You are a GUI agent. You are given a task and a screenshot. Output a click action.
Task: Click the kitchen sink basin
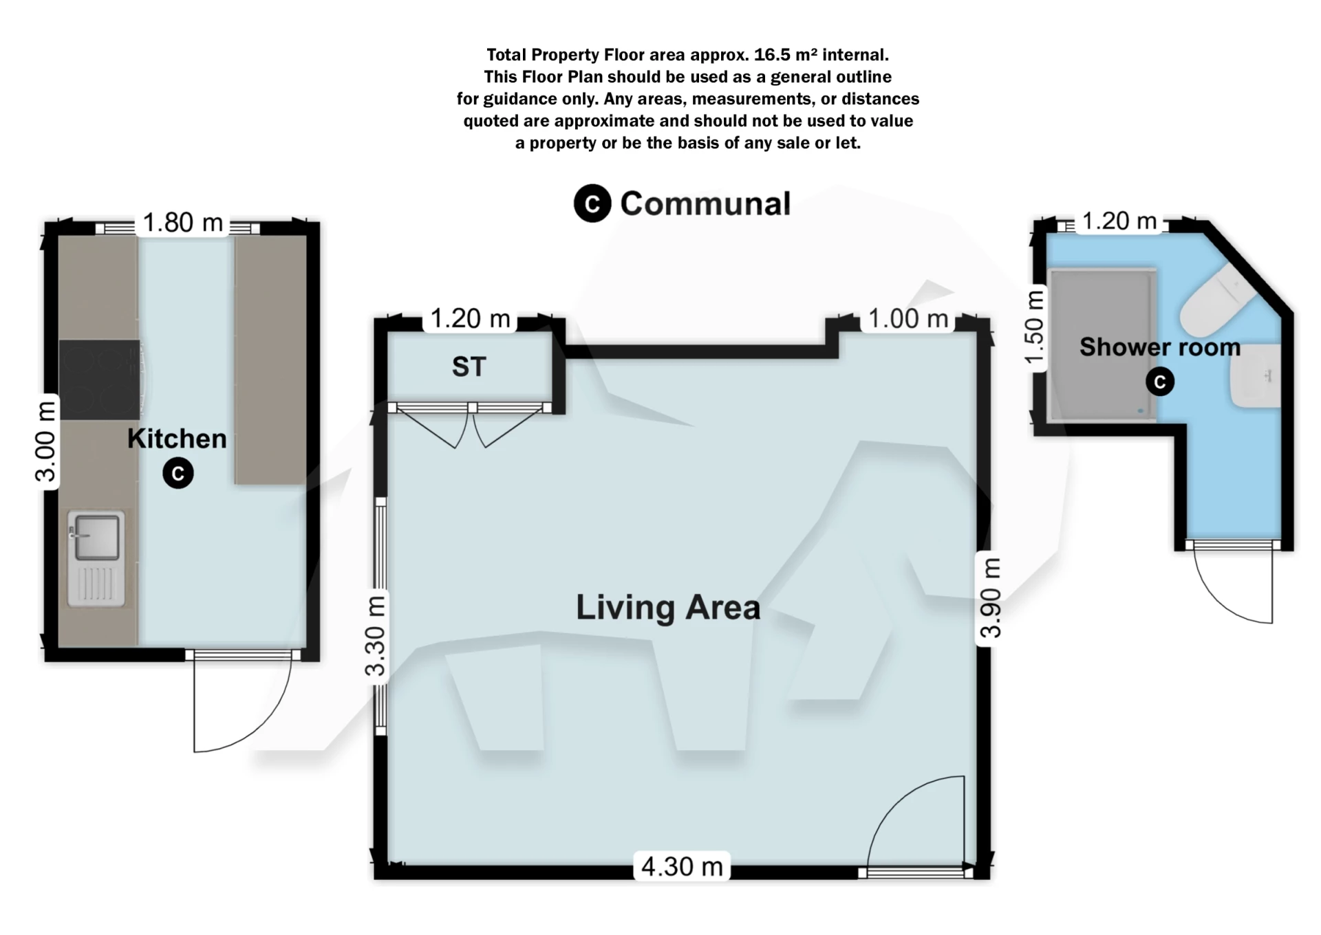pyautogui.click(x=96, y=536)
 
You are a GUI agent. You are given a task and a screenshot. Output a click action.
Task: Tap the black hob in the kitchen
pyautogui.click(x=99, y=379)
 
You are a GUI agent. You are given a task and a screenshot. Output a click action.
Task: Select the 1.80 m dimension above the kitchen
pyautogui.click(x=183, y=223)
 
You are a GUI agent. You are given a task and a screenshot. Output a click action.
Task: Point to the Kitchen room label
pyautogui.click(x=177, y=439)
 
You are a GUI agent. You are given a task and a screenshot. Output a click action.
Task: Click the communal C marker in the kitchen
pyautogui.click(x=178, y=474)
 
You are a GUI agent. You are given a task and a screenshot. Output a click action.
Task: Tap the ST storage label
pyautogui.click(x=469, y=366)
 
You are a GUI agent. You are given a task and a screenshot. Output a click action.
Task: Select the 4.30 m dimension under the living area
pyautogui.click(x=681, y=866)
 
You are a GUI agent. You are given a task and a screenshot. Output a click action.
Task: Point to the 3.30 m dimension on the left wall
pyautogui.click(x=376, y=636)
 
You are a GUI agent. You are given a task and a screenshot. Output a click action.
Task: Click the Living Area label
pyautogui.click(x=667, y=608)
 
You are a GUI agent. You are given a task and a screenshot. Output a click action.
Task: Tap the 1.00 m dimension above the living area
pyautogui.click(x=908, y=319)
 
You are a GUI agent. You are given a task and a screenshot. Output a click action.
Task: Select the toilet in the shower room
pyautogui.click(x=1216, y=300)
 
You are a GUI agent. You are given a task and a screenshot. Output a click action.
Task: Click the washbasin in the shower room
pyautogui.click(x=1256, y=375)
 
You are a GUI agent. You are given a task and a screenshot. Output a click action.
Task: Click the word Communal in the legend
pyautogui.click(x=705, y=203)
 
